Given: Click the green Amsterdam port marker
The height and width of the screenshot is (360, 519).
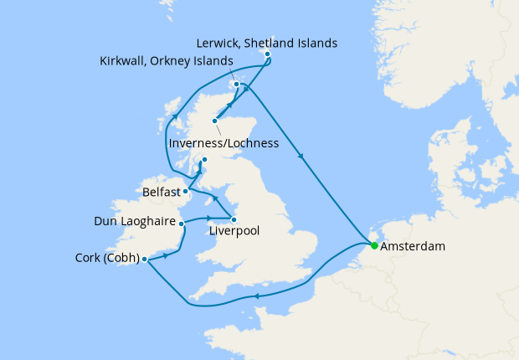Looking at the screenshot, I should (x=374, y=245).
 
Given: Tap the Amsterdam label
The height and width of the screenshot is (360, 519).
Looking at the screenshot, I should (x=413, y=248).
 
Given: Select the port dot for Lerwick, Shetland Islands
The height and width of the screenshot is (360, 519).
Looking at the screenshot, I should (x=268, y=54).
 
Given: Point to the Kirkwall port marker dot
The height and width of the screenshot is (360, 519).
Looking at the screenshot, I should (x=237, y=85).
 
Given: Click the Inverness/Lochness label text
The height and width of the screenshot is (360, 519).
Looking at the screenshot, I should (x=224, y=143).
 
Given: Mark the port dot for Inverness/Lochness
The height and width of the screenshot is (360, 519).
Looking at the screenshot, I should (x=215, y=121).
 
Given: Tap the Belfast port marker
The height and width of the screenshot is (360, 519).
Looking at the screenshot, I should (x=186, y=192).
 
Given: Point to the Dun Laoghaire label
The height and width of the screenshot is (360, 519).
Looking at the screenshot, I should (x=139, y=223).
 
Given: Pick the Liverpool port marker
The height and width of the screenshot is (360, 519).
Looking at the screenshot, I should (x=234, y=220).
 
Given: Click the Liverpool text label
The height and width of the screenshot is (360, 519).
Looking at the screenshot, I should (x=232, y=234).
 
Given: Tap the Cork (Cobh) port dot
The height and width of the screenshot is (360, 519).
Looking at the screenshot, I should (x=145, y=259).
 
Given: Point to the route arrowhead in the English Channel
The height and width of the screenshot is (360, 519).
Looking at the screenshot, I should (x=255, y=295).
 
